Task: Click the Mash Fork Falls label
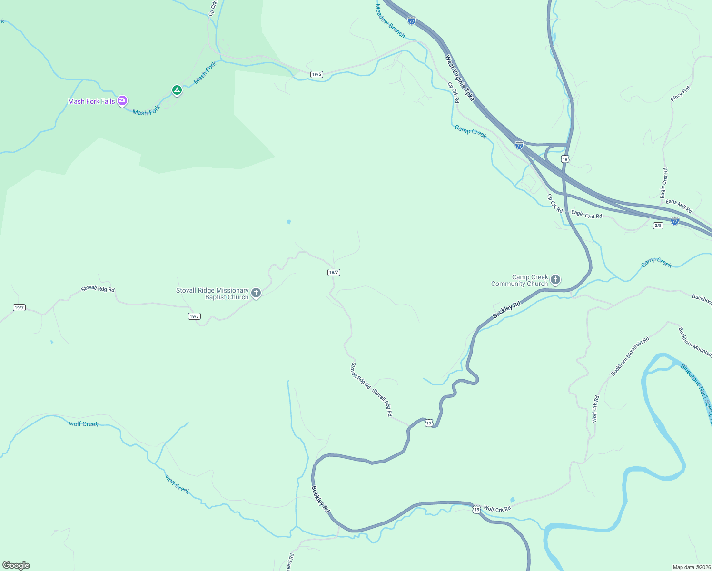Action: [91, 101]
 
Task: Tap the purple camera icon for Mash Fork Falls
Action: [122, 100]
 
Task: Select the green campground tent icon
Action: [177, 90]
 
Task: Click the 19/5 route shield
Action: [316, 74]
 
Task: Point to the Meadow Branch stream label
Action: [390, 21]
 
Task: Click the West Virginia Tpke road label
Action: [460, 78]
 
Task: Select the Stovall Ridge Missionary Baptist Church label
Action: [213, 294]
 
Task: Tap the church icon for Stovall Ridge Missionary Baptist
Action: [256, 293]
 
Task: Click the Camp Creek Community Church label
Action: [520, 280]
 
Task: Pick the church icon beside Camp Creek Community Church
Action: [555, 280]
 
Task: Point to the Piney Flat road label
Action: [680, 94]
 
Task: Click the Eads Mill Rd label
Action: [679, 206]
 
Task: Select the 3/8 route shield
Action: [658, 226]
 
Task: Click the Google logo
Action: [16, 565]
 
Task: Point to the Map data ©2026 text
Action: [691, 567]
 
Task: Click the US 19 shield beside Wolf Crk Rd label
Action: [476, 510]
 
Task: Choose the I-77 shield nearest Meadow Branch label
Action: [412, 20]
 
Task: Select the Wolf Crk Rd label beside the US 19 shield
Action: [497, 509]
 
